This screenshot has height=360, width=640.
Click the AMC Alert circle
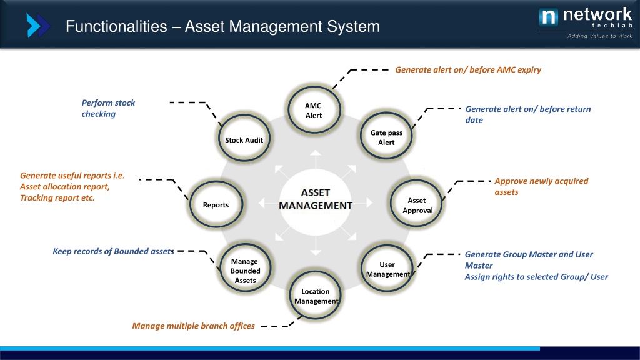click(314, 111)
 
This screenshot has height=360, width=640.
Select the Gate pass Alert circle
click(386, 137)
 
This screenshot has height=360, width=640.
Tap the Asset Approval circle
click(417, 205)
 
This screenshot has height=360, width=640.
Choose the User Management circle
click(387, 269)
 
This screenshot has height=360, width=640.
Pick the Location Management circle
click(316, 296)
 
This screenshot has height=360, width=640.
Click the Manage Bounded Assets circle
click(245, 271)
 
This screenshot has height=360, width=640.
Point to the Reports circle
click(216, 205)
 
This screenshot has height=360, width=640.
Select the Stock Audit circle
click(244, 140)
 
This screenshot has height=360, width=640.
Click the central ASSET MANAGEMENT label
click(315, 199)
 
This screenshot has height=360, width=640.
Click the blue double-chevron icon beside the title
click(37, 26)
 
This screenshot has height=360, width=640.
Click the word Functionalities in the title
click(116, 27)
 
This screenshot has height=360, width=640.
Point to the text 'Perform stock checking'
click(108, 108)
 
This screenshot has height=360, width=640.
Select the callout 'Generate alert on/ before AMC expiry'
click(468, 69)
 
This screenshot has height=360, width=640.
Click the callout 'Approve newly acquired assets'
click(541, 186)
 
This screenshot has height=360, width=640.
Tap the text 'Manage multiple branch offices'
click(193, 326)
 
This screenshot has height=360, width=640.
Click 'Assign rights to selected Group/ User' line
click(536, 277)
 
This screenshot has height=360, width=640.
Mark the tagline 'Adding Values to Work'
click(595, 36)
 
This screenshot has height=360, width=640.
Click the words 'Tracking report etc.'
click(57, 198)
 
